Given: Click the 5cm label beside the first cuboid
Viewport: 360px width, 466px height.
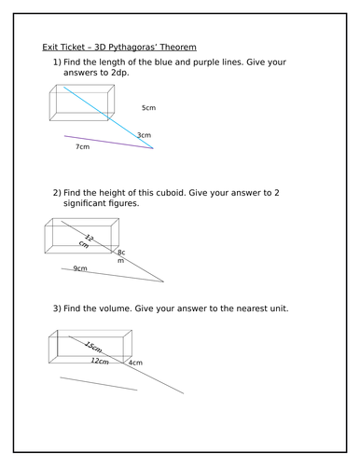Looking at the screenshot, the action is [148, 108].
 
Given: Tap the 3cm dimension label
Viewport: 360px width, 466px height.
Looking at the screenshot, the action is [145, 135].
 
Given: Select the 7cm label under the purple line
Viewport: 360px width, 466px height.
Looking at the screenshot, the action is [82, 146].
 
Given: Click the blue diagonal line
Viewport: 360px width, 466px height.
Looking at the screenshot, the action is [108, 117].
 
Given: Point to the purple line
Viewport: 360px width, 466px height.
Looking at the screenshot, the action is [109, 142].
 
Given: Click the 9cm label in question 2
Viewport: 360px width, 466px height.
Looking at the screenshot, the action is [80, 268].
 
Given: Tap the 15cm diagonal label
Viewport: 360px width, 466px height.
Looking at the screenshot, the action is [93, 347].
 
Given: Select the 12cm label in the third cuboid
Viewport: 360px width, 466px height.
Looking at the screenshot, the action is [100, 361].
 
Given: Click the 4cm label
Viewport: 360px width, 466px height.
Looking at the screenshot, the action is [135, 363].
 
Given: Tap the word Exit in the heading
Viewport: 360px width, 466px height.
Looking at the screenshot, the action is [49, 48].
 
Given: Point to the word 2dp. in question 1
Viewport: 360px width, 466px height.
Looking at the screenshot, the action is [119, 73].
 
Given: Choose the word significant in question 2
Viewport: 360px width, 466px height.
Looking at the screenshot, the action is [85, 203].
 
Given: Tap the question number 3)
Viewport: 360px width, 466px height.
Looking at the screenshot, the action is [57, 308].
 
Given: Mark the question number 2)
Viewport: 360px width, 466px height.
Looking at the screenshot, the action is [57, 193].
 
